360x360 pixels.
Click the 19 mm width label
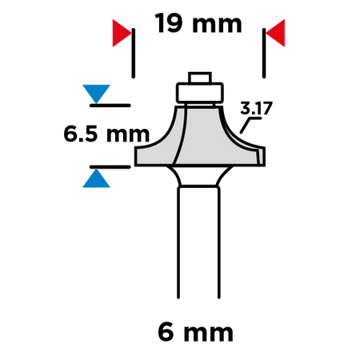[198, 23]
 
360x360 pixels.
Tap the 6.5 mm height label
[106, 134]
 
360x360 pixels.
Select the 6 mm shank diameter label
[195, 332]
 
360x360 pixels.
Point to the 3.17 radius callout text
[256, 108]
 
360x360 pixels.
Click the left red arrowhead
[122, 33]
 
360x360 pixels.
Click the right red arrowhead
[275, 33]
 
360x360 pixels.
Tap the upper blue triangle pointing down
[96, 94]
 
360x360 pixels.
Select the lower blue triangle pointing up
[96, 178]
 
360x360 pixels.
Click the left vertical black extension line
[134, 53]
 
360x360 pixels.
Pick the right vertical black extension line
[264, 53]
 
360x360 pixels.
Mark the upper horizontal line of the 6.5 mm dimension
[110, 106]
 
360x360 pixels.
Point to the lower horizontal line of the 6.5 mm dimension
[110, 167]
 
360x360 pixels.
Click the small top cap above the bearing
[200, 78]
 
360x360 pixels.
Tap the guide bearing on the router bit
[199, 93]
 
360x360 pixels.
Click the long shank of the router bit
[199, 242]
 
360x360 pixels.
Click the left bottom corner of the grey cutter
[135, 166]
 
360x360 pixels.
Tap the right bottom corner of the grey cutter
[265, 166]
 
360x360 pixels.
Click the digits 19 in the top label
[169, 23]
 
